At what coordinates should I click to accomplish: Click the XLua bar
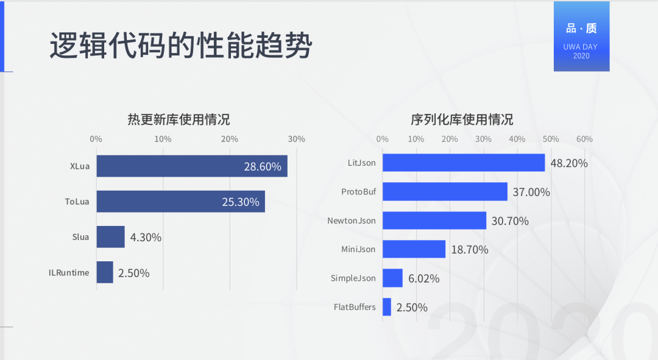point(191,166)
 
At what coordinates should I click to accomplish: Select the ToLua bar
point(180,202)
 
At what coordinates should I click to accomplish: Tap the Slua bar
point(110,237)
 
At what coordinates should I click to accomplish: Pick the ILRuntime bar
point(105,272)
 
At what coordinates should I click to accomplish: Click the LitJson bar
point(464,163)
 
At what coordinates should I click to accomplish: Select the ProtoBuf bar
point(445,192)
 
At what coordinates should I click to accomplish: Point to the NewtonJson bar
point(434,221)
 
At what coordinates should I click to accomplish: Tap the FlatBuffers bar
point(387,307)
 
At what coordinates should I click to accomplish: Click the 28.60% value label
point(263,166)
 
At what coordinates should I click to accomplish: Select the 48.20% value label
point(569,163)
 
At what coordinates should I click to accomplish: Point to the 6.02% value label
point(423,278)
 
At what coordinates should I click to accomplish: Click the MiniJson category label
point(358,249)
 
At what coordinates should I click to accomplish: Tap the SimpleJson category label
point(353,278)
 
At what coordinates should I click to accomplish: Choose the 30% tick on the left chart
point(296,139)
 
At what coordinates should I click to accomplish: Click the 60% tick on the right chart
point(584,139)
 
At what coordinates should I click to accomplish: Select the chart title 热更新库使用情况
point(179,119)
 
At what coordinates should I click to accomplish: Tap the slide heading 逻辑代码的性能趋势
point(180,47)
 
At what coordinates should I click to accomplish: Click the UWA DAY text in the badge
point(581,47)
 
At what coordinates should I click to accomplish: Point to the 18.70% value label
point(469,250)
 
